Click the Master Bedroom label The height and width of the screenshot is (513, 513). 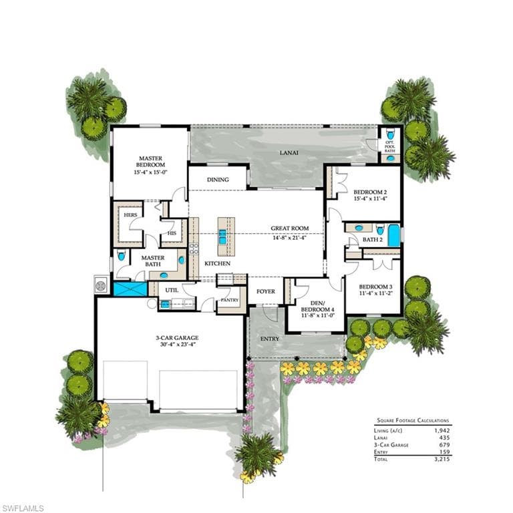[151, 162]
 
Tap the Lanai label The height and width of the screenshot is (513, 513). [289, 152]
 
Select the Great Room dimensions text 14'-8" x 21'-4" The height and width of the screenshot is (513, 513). [289, 238]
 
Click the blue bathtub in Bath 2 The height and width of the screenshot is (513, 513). [394, 236]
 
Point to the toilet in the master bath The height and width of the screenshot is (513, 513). [122, 255]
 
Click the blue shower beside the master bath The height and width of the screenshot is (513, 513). [130, 289]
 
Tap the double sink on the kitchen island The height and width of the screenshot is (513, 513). [222, 236]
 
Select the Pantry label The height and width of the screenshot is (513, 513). [230, 300]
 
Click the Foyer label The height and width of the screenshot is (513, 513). [266, 291]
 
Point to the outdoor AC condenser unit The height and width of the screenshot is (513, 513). [100, 286]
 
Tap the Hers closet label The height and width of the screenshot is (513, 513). [130, 215]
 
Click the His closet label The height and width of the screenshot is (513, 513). [172, 233]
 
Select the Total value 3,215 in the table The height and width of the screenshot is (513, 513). [442, 459]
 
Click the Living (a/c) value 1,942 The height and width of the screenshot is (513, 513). [442, 431]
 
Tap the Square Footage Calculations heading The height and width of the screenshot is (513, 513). [413, 420]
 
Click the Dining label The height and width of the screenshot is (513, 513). [218, 180]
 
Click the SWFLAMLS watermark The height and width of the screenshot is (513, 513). [22, 508]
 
